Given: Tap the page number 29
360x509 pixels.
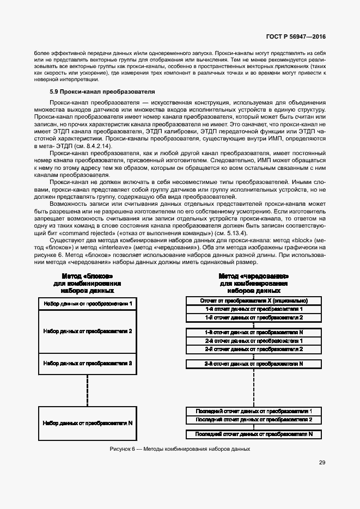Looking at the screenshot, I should (x=322, y=463).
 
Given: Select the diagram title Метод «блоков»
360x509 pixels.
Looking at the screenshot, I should (x=87, y=276).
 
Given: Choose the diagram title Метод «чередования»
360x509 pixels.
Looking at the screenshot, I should (x=253, y=276).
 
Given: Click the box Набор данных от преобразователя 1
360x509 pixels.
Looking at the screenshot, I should (x=87, y=302).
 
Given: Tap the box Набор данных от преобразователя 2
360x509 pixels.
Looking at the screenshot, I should (x=87, y=330).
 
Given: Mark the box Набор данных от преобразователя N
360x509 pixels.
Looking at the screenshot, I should (x=87, y=422).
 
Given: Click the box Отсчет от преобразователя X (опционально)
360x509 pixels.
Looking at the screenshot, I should (x=253, y=301).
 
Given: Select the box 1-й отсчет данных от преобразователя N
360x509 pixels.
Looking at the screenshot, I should (x=253, y=332).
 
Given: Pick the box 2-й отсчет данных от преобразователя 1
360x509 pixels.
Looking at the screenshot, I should (x=253, y=340).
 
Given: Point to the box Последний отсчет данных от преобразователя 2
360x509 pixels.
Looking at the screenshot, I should (x=253, y=420).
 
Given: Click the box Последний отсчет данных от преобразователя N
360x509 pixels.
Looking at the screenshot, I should (x=253, y=434).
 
